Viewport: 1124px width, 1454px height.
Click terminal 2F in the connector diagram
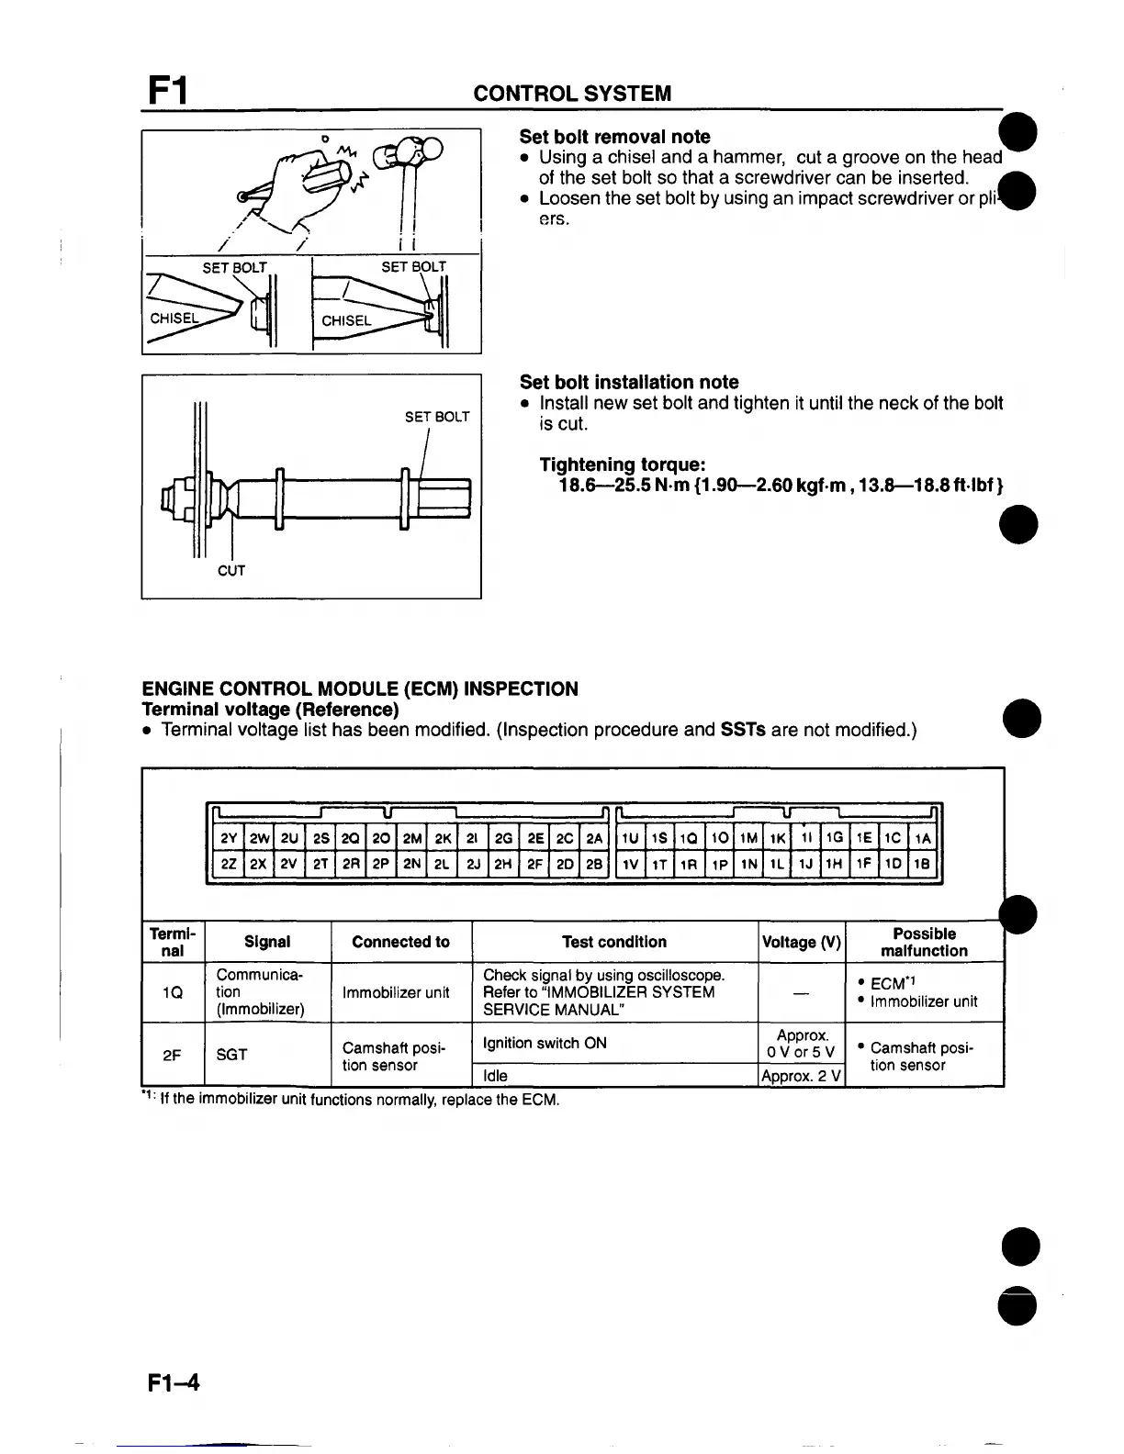tap(534, 864)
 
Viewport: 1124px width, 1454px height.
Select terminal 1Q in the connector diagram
tap(690, 838)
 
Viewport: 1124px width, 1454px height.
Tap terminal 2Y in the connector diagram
tap(229, 838)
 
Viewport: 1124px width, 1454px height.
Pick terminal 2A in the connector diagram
tap(594, 838)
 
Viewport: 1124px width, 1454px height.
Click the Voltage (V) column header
tap(801, 942)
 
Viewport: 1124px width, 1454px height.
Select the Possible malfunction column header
tap(924, 942)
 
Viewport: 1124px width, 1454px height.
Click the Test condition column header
tap(614, 942)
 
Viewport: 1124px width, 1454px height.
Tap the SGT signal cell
tap(231, 1055)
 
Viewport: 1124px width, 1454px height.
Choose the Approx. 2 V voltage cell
tap(801, 1076)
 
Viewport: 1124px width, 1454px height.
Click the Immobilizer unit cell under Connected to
tap(400, 992)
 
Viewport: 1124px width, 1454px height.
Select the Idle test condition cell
tap(496, 1076)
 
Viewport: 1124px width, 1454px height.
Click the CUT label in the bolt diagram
tap(231, 571)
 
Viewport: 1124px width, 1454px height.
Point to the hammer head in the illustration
tap(416, 150)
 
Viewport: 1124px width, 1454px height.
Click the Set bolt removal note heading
tap(614, 137)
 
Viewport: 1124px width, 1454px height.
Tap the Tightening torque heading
tap(622, 464)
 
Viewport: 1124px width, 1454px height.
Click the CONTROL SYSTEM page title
tap(571, 94)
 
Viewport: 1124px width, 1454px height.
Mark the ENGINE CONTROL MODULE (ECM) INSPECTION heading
tap(360, 689)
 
